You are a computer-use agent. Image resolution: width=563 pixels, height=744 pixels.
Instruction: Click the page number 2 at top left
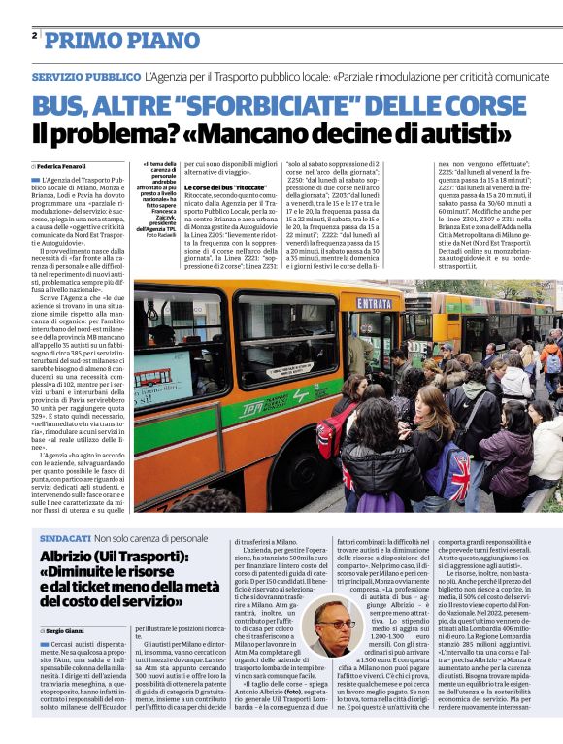pos(34,35)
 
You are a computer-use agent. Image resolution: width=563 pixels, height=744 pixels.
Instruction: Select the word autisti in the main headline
pos(470,132)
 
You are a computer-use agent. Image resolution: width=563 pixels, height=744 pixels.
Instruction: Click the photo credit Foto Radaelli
pos(158,234)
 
